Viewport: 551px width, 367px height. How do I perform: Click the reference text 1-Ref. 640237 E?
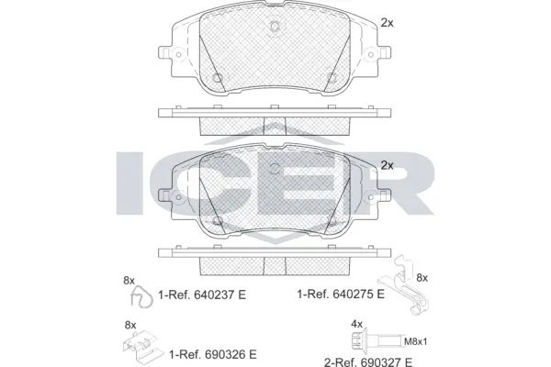tap(202, 295)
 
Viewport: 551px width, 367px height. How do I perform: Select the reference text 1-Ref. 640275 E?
tap(341, 294)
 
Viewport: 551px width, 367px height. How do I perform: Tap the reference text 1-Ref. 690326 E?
tap(213, 354)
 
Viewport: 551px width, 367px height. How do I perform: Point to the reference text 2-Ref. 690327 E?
tap(368, 361)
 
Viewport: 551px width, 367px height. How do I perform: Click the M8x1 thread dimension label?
tap(416, 341)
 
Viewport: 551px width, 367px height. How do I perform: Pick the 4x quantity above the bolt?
tap(356, 324)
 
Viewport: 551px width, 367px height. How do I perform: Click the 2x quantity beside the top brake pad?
tap(387, 23)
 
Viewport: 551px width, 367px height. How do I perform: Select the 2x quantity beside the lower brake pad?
tap(387, 165)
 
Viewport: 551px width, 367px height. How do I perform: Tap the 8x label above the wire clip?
tap(129, 280)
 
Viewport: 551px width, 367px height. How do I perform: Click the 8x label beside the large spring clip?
tap(422, 278)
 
